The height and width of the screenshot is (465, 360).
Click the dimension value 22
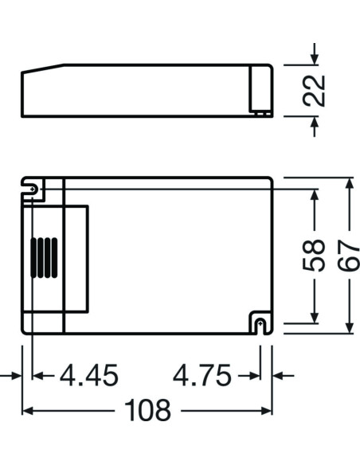click(316, 90)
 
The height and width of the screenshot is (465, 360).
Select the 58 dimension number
click(316, 256)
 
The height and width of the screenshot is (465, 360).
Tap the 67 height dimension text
click(349, 256)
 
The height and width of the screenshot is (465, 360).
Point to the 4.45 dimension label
click(88, 375)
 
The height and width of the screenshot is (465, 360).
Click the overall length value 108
click(147, 411)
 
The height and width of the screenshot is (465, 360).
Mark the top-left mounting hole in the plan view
click(33, 190)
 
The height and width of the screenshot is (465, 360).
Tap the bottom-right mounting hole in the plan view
click(258, 322)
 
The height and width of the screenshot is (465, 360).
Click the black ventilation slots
click(42, 258)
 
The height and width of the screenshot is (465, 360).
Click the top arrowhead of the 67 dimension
click(349, 184)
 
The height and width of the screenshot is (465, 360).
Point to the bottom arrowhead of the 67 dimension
click(349, 328)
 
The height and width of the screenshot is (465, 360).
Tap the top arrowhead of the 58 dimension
click(316, 194)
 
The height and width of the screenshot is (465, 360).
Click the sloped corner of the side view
click(44, 70)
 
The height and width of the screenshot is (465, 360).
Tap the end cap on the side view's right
click(261, 90)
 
